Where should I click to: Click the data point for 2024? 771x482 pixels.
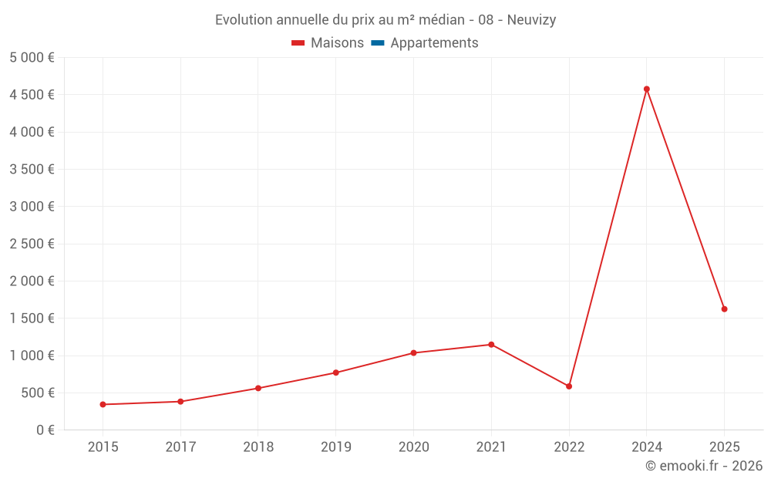point(646,89)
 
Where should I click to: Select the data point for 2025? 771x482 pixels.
point(724,309)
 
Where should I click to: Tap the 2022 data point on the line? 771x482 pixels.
point(569,386)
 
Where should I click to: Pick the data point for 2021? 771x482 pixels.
point(491,345)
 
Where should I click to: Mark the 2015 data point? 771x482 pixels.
point(103,404)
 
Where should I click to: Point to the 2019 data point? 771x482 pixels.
point(335,372)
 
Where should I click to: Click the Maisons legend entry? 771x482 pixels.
point(328,43)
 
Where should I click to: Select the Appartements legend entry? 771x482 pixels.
point(425,43)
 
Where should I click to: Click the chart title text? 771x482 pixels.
point(385,20)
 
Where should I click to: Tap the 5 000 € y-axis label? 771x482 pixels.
point(32,58)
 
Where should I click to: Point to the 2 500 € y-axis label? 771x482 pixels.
point(32,244)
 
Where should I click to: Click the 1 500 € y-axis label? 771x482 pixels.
point(32,319)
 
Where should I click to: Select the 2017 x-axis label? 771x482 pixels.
point(180,447)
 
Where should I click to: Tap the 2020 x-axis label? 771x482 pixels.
point(413,447)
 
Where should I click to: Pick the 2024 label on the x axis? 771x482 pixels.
point(646,447)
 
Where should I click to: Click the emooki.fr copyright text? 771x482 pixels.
point(703,466)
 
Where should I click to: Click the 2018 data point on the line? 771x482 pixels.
point(258,388)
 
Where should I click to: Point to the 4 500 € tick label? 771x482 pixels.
point(32,95)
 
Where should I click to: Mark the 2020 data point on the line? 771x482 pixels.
point(413,353)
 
